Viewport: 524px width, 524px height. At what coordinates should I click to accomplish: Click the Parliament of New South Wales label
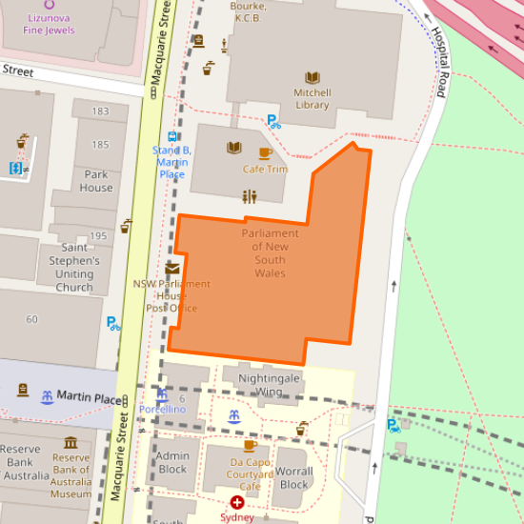[x=270, y=253]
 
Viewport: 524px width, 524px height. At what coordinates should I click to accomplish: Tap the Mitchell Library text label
[x=312, y=99]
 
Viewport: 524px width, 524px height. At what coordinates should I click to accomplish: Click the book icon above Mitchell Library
[x=312, y=78]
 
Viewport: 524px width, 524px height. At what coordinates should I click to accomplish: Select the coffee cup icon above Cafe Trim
[x=265, y=152]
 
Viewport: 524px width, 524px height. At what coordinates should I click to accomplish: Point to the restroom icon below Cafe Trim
[x=250, y=197]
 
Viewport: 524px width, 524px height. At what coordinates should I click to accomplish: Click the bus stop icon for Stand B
[x=172, y=136]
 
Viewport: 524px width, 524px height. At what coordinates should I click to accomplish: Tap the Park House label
[x=96, y=181]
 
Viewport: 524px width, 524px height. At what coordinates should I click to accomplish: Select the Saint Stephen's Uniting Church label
[x=74, y=268]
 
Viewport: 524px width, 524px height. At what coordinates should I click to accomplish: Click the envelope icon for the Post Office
[x=171, y=269]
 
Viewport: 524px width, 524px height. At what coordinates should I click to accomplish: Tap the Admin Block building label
[x=172, y=462]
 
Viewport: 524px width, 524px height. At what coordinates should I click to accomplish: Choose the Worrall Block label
[x=294, y=477]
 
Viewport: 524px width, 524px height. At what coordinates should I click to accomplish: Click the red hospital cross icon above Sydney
[x=237, y=501]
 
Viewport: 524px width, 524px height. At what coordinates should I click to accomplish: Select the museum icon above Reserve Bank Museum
[x=71, y=443]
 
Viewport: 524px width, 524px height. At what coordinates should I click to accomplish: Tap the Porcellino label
[x=162, y=409]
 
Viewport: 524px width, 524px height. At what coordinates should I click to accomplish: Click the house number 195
[x=97, y=236]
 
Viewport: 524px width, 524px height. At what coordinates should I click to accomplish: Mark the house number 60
[x=32, y=319]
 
